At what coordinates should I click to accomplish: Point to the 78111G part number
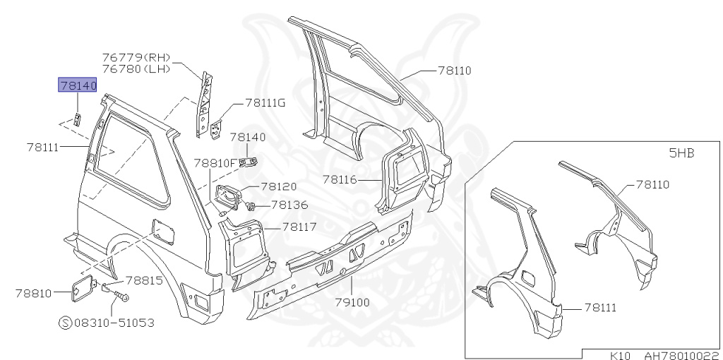coord(265,103)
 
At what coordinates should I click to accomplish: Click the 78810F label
coord(215,163)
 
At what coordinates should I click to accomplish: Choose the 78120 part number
coord(278,187)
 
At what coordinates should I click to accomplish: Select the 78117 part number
coord(299,227)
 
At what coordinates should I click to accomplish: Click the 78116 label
coord(342,179)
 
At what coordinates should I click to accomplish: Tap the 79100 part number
coord(351,302)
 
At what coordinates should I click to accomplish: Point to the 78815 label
coord(144,280)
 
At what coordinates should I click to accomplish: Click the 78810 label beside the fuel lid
coord(33,292)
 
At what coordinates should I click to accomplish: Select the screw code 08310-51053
coord(114,323)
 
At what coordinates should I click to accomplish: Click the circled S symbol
coord(65,323)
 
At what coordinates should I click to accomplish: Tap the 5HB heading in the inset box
coord(681,152)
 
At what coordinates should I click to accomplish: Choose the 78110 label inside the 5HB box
coord(652,185)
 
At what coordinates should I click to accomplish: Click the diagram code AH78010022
coord(681,355)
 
